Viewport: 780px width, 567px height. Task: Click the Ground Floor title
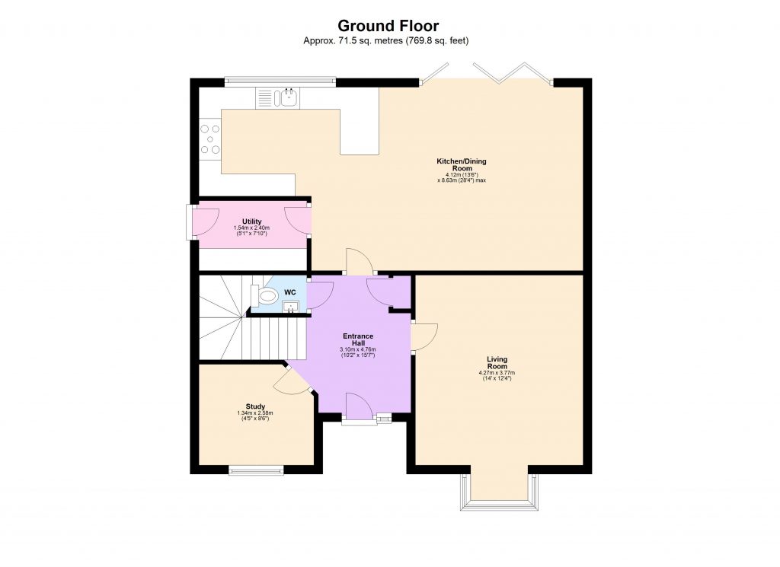click(388, 27)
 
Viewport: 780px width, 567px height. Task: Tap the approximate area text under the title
click(388, 40)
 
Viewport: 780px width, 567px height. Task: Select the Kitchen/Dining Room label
click(461, 164)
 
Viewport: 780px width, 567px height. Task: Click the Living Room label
click(497, 362)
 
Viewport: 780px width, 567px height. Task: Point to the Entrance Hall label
click(357, 339)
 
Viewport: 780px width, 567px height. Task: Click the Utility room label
click(251, 221)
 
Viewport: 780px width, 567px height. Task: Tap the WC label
click(289, 292)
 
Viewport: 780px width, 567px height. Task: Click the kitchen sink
click(289, 97)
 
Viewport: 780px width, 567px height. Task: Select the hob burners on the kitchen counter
click(209, 140)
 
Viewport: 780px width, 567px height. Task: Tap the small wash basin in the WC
click(290, 307)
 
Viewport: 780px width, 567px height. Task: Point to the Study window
click(255, 471)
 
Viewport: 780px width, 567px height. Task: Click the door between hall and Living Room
click(424, 336)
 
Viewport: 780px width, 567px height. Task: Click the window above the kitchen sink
click(280, 80)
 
